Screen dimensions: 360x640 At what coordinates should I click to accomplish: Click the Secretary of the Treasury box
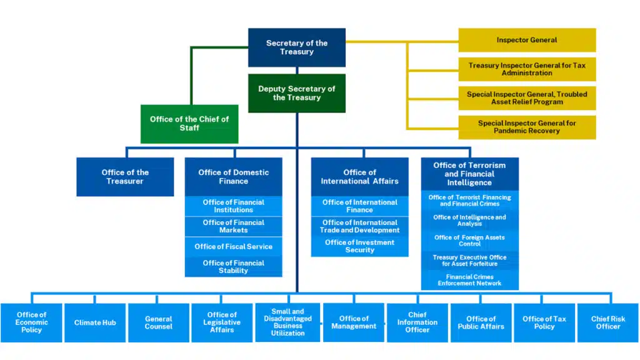click(297, 47)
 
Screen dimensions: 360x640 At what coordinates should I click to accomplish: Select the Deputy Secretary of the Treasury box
click(297, 93)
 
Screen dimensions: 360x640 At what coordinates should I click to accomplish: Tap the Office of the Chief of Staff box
click(189, 124)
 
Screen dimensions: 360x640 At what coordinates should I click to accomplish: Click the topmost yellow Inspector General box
click(527, 40)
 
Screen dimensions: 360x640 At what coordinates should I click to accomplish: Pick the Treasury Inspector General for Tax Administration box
click(527, 69)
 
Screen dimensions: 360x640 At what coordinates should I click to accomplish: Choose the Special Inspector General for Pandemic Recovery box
click(527, 127)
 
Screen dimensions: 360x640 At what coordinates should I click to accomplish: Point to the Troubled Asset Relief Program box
click(527, 98)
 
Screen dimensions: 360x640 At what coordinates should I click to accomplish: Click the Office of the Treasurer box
click(125, 177)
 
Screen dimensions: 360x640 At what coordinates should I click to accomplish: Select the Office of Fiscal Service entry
click(233, 247)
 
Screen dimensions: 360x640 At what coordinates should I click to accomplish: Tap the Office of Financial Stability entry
click(233, 267)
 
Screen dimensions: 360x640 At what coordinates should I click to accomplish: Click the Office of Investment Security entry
click(359, 246)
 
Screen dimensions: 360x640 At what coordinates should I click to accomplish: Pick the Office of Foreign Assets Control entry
click(469, 241)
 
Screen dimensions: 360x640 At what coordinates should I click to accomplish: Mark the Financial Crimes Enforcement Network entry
click(469, 280)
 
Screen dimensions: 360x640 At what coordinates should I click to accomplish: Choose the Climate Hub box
click(95, 322)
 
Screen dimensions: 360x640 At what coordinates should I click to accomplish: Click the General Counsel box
click(159, 322)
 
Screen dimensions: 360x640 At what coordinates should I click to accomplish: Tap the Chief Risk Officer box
click(608, 322)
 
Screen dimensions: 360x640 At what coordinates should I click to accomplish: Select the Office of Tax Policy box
click(544, 322)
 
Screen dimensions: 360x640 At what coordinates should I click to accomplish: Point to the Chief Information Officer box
click(417, 322)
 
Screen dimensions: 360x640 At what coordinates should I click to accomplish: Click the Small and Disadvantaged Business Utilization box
click(288, 322)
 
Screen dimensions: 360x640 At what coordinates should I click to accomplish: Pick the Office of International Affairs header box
click(359, 177)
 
